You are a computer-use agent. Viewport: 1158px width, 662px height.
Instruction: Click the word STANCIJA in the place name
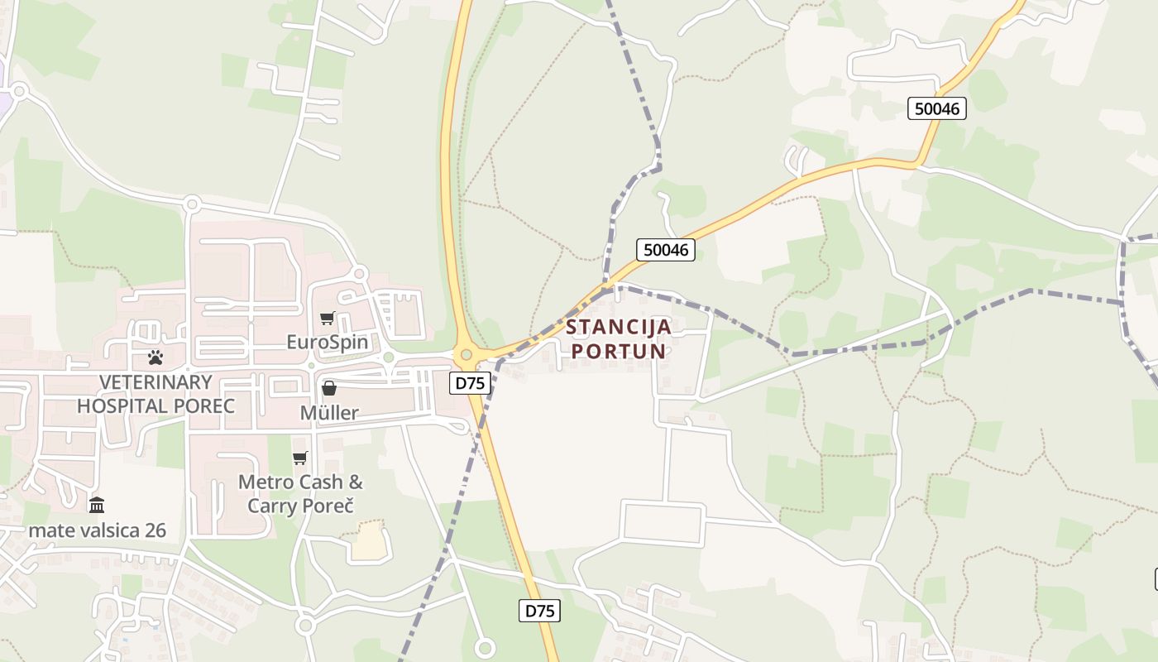(x=619, y=327)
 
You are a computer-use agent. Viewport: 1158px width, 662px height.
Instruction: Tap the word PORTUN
(x=619, y=351)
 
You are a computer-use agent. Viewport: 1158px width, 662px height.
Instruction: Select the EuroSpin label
(x=328, y=342)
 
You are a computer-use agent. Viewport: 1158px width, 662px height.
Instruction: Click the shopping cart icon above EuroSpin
(x=328, y=319)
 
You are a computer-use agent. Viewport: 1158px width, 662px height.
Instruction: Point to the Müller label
(x=329, y=413)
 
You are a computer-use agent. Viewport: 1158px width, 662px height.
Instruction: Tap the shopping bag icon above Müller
(x=329, y=388)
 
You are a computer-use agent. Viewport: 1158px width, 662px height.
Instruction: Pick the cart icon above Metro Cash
(x=299, y=458)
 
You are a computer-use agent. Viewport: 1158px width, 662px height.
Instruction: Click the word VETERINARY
(x=156, y=382)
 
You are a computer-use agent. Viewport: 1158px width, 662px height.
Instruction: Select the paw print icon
(x=156, y=357)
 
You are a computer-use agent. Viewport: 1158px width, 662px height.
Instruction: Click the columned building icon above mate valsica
(x=97, y=504)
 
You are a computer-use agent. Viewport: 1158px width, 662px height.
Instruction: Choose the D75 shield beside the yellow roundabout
(x=471, y=382)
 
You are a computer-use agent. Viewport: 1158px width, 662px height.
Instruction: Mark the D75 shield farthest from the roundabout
(x=540, y=611)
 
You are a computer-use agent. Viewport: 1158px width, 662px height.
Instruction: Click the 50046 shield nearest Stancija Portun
(x=666, y=250)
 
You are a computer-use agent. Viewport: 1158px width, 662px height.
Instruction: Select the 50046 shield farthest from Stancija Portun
(x=937, y=108)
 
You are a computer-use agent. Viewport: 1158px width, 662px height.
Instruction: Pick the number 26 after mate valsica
(x=155, y=530)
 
